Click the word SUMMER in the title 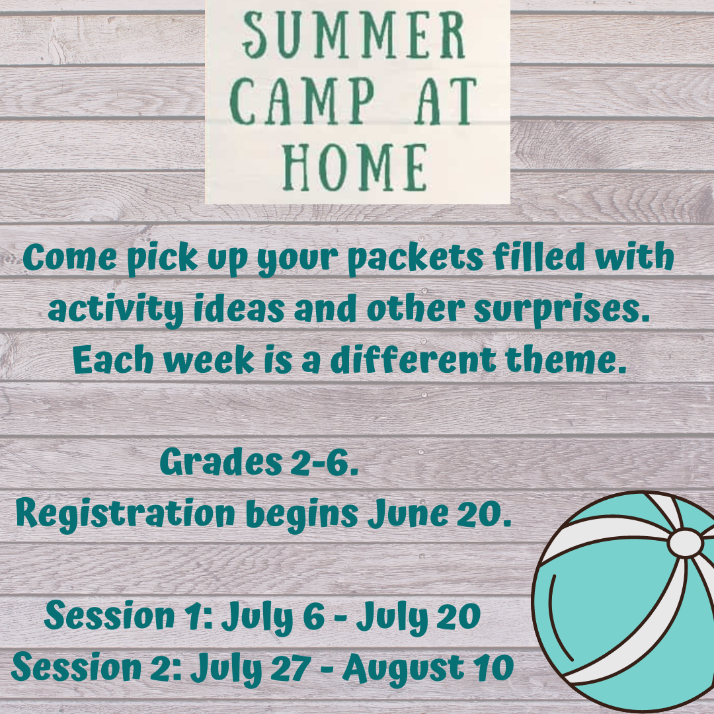click(354, 35)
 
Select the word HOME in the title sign click(355, 167)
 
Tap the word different click(413, 359)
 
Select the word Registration click(125, 514)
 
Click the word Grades click(221, 462)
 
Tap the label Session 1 click(130, 615)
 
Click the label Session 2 click(97, 668)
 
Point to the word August click(403, 669)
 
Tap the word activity click(116, 311)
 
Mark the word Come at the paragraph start click(69, 257)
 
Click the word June click(407, 514)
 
